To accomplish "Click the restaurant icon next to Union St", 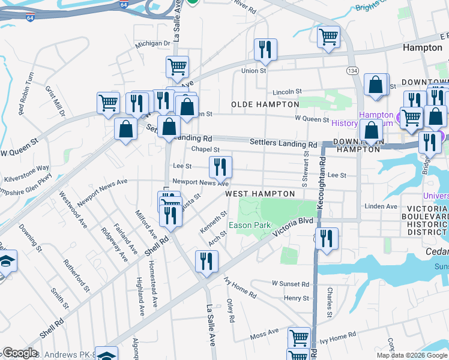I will pos(265,50).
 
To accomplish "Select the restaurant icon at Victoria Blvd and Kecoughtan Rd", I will pos(327,239).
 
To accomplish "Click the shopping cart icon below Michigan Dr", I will pos(177,67).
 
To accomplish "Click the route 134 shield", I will pos(353,71).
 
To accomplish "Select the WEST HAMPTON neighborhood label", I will pos(260,194).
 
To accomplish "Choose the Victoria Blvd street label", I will pos(293,226).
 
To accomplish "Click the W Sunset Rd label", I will pos(290,283).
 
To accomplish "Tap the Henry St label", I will pos(297,298).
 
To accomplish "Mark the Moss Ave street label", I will pos(265,331).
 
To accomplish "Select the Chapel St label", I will pos(205,149).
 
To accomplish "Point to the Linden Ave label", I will pos(381,206).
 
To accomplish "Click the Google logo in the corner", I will pos(20,353).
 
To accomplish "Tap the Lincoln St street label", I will pos(286,92).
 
